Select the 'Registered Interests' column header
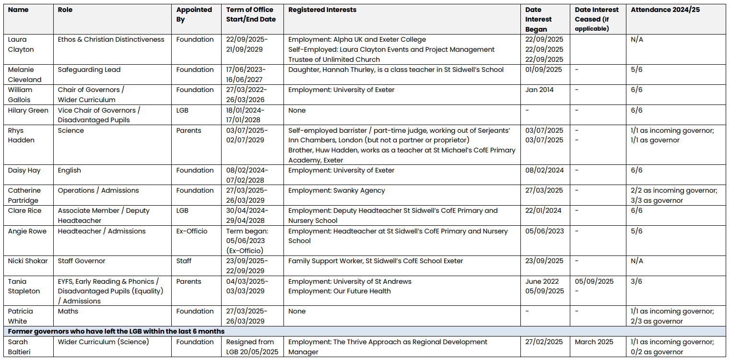click(322, 10)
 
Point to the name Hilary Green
click(28, 110)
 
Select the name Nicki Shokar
click(28, 261)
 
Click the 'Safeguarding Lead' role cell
click(89, 70)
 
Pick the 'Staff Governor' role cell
click(82, 261)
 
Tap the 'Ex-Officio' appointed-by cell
click(192, 231)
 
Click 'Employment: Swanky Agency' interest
click(336, 190)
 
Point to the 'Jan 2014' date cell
click(539, 90)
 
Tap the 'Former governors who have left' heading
click(116, 331)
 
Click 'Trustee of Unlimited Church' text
click(334, 59)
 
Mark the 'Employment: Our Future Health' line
click(339, 291)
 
